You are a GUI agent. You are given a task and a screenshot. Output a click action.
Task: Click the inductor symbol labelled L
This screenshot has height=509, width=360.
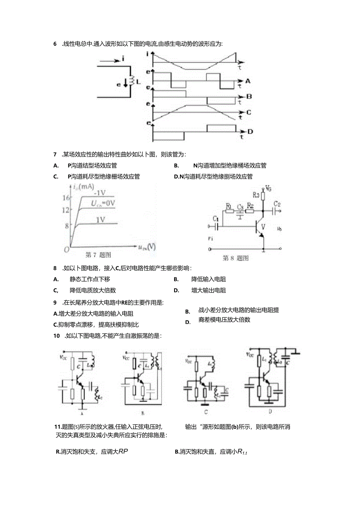click(132, 81)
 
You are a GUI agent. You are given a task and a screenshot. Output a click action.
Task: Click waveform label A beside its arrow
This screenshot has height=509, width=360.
click(247, 81)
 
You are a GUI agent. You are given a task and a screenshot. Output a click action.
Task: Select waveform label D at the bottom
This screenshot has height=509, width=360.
click(250, 131)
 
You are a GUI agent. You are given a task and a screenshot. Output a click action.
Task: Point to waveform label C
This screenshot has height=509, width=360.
click(248, 112)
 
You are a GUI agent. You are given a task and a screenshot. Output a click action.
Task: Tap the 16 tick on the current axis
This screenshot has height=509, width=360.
click(66, 198)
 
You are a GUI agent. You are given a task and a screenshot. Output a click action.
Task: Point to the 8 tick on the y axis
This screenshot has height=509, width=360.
click(67, 226)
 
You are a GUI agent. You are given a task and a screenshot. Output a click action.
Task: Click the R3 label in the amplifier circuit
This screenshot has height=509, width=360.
click(256, 194)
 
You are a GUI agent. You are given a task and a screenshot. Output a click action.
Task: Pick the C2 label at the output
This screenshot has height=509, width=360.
click(277, 204)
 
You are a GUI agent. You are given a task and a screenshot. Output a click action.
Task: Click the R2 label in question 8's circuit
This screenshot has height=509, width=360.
click(251, 206)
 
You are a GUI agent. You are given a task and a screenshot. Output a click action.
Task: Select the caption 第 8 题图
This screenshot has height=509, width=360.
click(236, 258)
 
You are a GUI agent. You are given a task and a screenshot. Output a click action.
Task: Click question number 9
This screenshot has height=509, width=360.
click(55, 302)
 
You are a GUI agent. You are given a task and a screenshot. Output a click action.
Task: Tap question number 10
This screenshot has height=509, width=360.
click(57, 336)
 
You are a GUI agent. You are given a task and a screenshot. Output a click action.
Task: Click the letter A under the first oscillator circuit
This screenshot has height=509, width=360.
click(81, 413)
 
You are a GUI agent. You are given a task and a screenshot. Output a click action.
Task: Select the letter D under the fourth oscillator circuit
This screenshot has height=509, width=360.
click(270, 411)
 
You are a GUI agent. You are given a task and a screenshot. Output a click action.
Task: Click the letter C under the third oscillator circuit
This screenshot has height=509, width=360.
click(206, 412)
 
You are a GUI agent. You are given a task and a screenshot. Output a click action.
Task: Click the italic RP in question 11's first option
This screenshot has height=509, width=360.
click(123, 451)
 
